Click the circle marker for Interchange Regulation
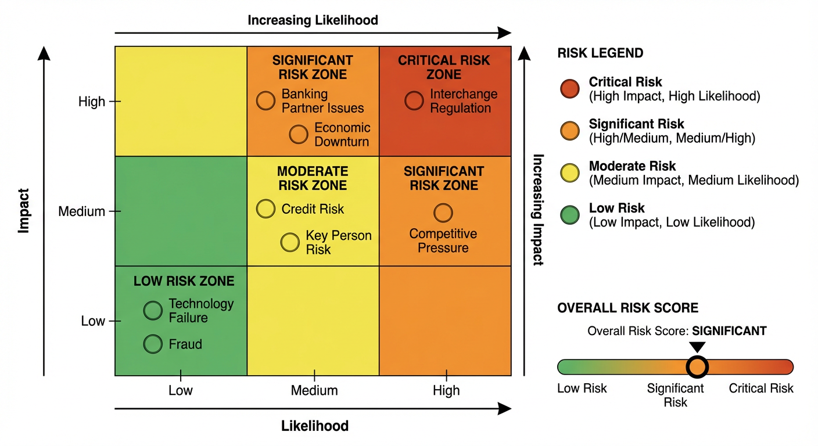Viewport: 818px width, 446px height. (x=414, y=100)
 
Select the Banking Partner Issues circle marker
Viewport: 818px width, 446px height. (x=266, y=100)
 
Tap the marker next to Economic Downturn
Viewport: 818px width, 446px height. (x=299, y=134)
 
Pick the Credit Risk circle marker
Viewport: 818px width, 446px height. (x=266, y=209)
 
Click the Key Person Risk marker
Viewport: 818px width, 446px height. (x=290, y=242)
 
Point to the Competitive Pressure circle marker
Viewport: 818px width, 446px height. (x=443, y=213)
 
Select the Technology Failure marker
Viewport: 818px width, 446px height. (x=153, y=311)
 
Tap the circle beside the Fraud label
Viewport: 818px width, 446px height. (x=153, y=344)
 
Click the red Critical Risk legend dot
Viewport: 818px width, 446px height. (x=569, y=89)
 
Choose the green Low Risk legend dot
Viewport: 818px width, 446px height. (x=569, y=214)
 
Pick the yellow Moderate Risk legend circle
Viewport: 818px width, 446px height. (x=569, y=172)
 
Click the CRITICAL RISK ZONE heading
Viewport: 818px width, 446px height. (x=444, y=67)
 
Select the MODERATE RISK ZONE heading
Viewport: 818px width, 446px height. (x=313, y=178)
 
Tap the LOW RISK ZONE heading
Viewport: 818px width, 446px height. (x=184, y=281)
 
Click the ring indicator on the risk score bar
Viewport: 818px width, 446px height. (x=697, y=367)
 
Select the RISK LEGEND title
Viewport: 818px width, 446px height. (x=600, y=53)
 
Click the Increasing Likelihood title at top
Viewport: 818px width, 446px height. (x=313, y=20)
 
